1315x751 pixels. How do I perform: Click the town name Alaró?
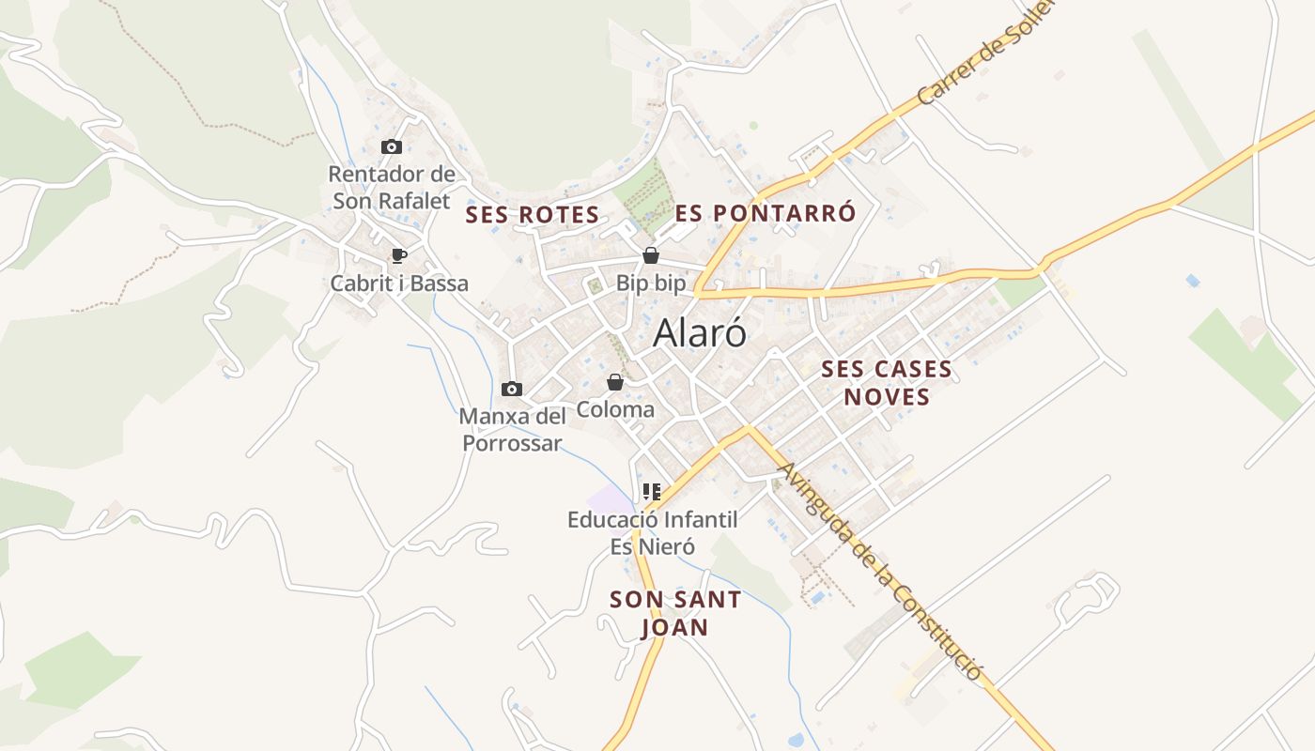(x=700, y=333)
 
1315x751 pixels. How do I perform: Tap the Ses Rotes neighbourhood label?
(x=533, y=215)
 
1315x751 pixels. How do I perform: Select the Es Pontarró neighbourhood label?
(x=766, y=213)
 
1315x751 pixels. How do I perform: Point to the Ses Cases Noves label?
(x=887, y=382)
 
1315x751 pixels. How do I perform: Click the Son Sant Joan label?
(x=675, y=613)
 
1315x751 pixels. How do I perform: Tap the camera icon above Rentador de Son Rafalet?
(x=392, y=147)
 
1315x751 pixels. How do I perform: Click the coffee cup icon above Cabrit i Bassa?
(x=399, y=255)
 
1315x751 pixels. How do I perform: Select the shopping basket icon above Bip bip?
(x=650, y=255)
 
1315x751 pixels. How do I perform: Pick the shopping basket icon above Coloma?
(x=614, y=382)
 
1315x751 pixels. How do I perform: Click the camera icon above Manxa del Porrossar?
(x=512, y=389)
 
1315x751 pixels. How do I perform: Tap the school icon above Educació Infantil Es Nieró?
(x=652, y=491)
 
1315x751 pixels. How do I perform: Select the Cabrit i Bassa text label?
(x=399, y=283)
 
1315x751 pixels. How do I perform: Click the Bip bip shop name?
(x=651, y=283)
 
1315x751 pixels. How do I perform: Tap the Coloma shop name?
(x=615, y=409)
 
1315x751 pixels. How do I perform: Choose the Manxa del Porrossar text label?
(x=512, y=429)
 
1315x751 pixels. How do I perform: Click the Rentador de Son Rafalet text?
(x=392, y=187)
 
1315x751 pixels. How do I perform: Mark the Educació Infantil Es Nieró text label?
(x=652, y=532)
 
